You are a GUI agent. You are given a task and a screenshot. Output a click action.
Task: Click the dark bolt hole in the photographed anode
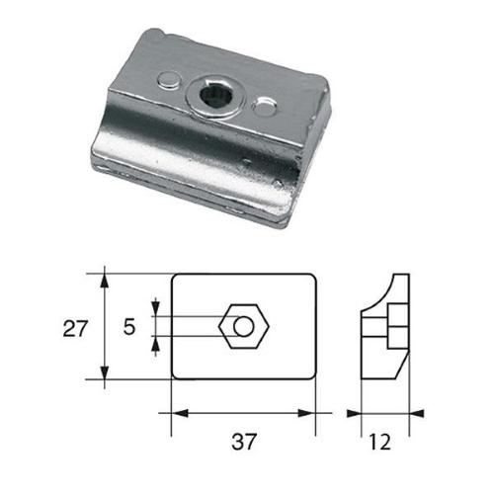click(x=214, y=95)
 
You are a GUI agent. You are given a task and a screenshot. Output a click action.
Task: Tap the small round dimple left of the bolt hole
click(x=170, y=79)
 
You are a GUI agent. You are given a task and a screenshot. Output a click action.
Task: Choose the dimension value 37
click(x=244, y=441)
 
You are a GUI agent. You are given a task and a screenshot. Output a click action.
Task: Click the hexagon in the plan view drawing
click(x=242, y=325)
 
